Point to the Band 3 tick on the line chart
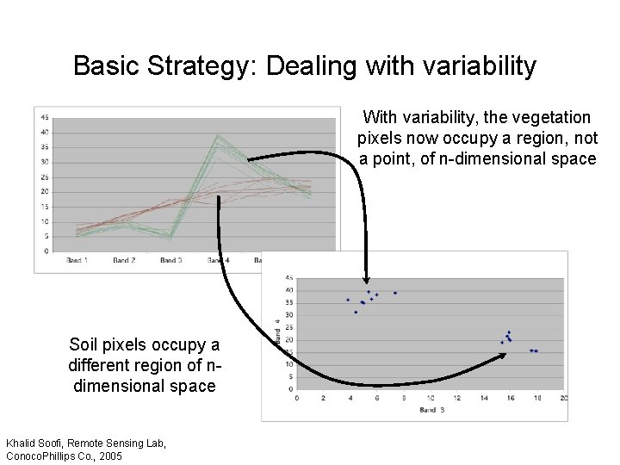(x=169, y=260)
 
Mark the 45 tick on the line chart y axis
(x=44, y=118)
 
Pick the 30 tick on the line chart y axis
(x=44, y=162)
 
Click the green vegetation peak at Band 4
(x=219, y=136)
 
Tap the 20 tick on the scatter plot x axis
(x=563, y=398)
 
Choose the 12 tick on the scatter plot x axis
(x=456, y=398)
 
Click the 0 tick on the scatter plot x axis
(x=297, y=398)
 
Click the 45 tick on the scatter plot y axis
(x=288, y=277)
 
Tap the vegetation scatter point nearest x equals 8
(x=395, y=293)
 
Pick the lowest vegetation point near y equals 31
(x=356, y=312)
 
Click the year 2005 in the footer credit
(x=110, y=456)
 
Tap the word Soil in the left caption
(x=85, y=345)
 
